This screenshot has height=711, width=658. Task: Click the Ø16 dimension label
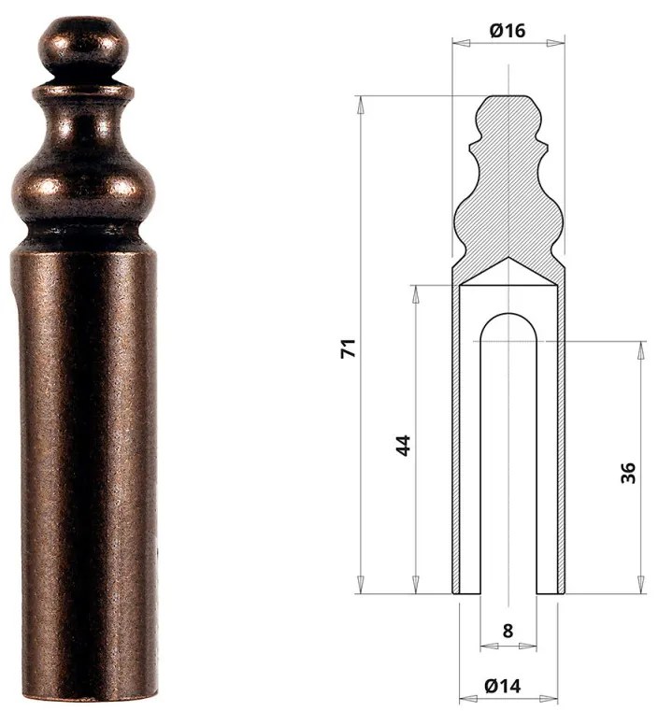pyautogui.click(x=508, y=30)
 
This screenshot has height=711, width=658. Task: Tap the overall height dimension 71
pyautogui.click(x=347, y=349)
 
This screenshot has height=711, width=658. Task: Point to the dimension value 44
pyautogui.click(x=403, y=445)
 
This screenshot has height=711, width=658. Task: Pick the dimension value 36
pyautogui.click(x=627, y=472)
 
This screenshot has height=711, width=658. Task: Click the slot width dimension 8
pyautogui.click(x=508, y=631)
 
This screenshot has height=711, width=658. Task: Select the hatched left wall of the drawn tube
pyautogui.click(x=457, y=439)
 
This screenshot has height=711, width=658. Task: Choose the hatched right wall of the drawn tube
pyautogui.click(x=560, y=439)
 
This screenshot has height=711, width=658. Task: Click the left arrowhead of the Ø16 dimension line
pyautogui.click(x=456, y=42)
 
